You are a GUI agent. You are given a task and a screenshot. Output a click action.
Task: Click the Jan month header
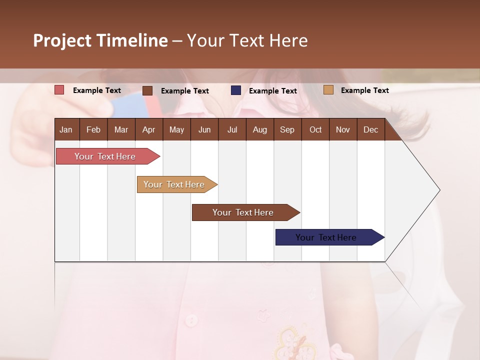tap(66, 129)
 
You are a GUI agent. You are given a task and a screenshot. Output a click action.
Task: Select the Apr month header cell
tap(148, 129)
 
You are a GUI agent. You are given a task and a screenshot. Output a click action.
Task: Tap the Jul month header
tap(232, 129)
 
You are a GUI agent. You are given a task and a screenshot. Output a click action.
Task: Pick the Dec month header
tap(370, 129)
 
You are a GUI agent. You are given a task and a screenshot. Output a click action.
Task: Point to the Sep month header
tap(287, 129)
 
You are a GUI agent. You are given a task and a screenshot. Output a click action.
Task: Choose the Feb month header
tap(93, 129)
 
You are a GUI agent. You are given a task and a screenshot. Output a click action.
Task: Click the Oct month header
tap(315, 129)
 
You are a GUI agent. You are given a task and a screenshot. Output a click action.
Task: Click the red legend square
tap(59, 90)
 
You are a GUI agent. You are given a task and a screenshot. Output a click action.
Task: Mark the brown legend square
tap(147, 90)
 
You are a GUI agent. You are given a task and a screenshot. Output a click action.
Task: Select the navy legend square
tap(236, 90)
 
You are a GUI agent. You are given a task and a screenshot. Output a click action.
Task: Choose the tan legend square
tap(328, 90)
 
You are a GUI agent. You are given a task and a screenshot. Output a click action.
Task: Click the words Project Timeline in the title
tap(100, 40)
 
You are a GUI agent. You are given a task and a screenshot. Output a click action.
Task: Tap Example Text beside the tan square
tap(364, 90)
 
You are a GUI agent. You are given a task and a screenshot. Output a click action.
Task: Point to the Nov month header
tap(343, 129)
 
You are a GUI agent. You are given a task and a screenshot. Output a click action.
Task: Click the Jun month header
tap(204, 129)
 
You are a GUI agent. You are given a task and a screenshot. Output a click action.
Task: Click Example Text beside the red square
tap(97, 90)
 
